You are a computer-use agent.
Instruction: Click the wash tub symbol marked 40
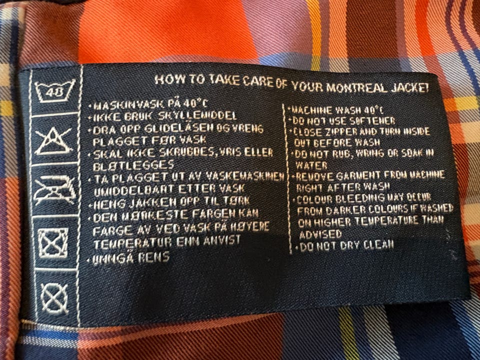pos(54,91)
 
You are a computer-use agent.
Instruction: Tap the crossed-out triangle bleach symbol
pos(53,141)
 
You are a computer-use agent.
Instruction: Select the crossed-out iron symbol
pos(55,190)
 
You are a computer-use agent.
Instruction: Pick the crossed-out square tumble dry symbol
pos(53,243)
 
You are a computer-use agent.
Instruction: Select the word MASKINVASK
pos(128,105)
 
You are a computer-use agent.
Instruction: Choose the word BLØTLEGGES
pos(133,165)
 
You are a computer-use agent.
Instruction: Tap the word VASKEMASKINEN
pos(245,176)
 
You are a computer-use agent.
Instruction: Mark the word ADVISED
pos(320,234)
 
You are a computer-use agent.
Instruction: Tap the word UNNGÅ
pos(113,258)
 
